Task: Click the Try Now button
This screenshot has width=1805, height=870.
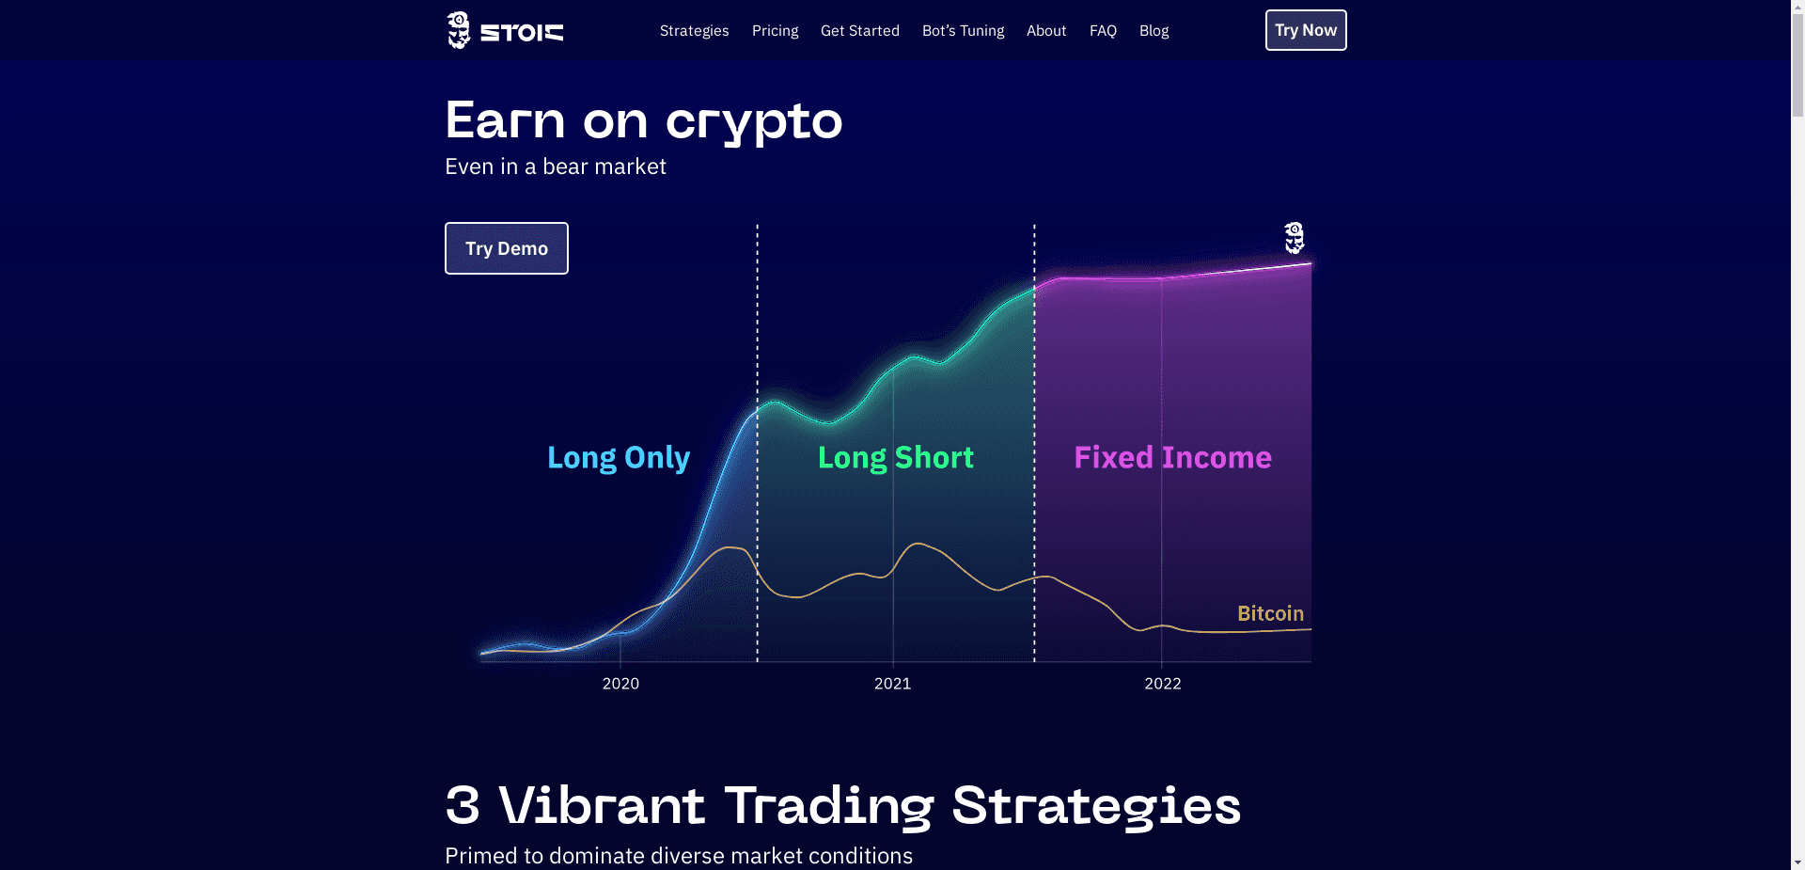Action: [x=1305, y=30]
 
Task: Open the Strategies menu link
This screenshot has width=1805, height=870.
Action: [x=694, y=31]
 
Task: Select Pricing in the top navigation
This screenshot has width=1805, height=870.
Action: [x=775, y=31]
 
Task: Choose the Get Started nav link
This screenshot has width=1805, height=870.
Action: [x=859, y=31]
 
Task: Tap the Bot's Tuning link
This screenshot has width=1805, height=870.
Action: [x=963, y=31]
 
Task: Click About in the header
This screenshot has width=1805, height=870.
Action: [x=1045, y=31]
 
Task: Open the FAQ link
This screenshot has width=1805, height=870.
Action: [x=1103, y=31]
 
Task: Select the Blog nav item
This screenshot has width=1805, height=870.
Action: [x=1154, y=31]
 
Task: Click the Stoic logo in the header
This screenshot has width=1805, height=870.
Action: [x=505, y=31]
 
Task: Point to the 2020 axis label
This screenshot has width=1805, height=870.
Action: [x=620, y=684]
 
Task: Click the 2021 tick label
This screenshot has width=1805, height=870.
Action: [x=892, y=684]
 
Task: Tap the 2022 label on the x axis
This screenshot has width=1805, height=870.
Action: [x=1162, y=684]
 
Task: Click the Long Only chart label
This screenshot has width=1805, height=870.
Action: [x=618, y=457]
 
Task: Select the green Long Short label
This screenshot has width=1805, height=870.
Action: [x=895, y=457]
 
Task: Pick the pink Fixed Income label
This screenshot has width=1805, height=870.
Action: [x=1172, y=457]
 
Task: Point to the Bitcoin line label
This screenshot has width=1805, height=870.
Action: [x=1270, y=613]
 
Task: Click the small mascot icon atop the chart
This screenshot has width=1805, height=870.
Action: [x=1295, y=238]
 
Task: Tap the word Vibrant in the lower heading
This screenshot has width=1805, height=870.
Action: [x=602, y=806]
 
